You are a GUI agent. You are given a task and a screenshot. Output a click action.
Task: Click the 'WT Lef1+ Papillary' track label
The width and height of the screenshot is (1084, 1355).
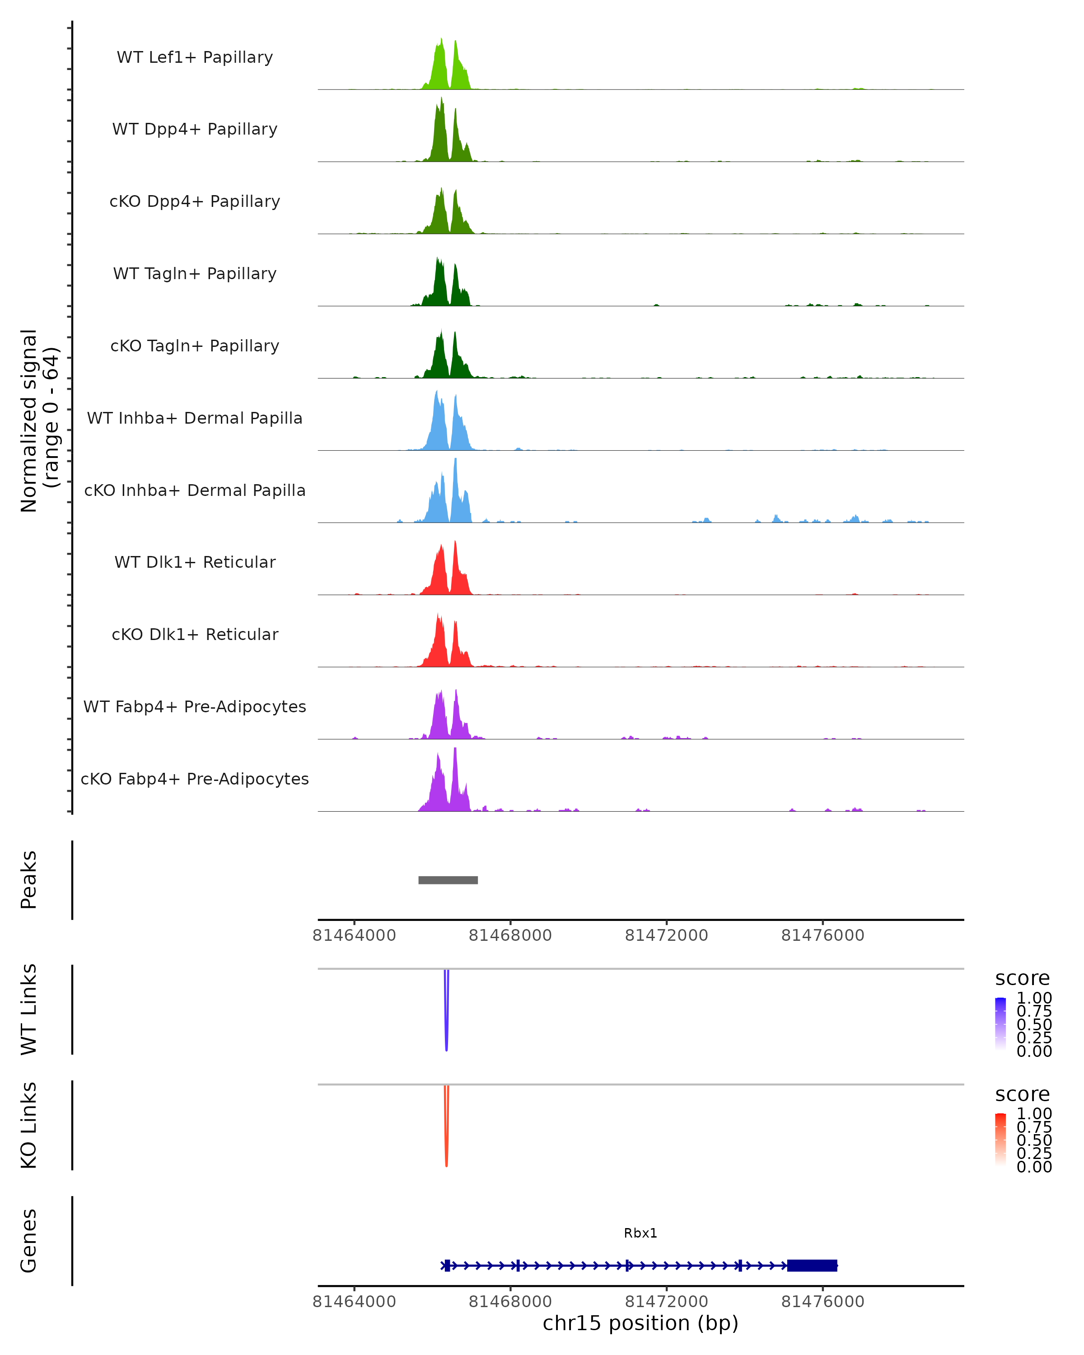195,57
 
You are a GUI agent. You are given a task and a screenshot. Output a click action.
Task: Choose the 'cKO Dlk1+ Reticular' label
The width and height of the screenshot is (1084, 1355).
195,634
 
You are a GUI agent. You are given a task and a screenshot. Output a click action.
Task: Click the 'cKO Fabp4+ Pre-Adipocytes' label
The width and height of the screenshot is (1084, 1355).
195,779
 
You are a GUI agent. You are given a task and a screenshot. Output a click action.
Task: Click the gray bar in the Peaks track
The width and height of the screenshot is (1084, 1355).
448,880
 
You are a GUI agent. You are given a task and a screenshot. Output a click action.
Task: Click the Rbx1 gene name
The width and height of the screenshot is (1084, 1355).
640,1233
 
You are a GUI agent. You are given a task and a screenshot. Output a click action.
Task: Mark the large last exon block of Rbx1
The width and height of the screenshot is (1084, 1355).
812,1265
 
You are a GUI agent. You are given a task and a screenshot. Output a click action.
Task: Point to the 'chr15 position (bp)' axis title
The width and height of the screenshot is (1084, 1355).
640,1323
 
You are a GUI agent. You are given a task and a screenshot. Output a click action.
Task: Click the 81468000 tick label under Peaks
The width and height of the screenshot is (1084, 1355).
510,935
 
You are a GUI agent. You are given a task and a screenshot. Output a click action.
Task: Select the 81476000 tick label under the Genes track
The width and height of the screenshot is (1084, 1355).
822,1301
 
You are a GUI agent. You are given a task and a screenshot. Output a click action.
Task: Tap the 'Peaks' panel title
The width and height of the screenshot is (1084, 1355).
29,880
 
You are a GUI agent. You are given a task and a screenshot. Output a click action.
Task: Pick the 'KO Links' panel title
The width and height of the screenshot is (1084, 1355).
29,1125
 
